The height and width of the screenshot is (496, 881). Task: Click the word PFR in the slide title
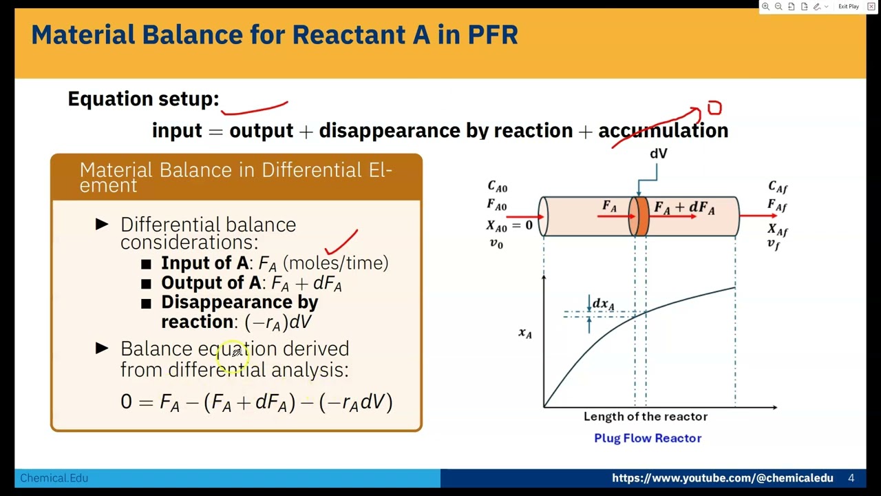pyautogui.click(x=491, y=34)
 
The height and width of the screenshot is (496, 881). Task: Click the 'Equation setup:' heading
pyautogui.click(x=143, y=99)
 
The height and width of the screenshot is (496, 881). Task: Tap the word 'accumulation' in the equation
pyautogui.click(x=663, y=131)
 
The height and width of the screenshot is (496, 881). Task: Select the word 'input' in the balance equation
pyautogui.click(x=177, y=131)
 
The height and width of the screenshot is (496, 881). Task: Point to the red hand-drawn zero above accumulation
pyautogui.click(x=714, y=108)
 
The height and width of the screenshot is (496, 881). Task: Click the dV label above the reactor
pyautogui.click(x=658, y=154)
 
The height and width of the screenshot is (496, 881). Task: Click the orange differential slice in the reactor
pyautogui.click(x=639, y=216)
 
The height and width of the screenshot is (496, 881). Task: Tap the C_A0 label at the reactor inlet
pyautogui.click(x=497, y=187)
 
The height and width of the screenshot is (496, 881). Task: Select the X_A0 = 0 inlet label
pyautogui.click(x=509, y=225)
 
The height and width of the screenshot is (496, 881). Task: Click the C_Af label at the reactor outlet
pyautogui.click(x=778, y=187)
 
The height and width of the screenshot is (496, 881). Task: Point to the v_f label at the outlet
pyautogui.click(x=774, y=245)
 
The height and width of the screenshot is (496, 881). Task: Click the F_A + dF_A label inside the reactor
pyautogui.click(x=684, y=207)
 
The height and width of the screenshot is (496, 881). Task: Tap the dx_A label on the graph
pyautogui.click(x=603, y=304)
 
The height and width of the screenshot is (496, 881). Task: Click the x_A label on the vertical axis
pyautogui.click(x=525, y=333)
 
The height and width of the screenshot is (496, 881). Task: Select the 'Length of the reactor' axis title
pyautogui.click(x=645, y=416)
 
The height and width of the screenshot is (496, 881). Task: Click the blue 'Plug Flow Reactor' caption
pyautogui.click(x=647, y=438)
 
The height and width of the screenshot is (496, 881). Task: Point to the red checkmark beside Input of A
pyautogui.click(x=341, y=244)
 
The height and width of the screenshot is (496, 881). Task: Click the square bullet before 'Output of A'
pyautogui.click(x=146, y=284)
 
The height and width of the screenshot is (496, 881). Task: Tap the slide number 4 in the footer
pyautogui.click(x=851, y=478)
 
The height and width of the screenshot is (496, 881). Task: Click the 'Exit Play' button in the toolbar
pyautogui.click(x=848, y=6)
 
